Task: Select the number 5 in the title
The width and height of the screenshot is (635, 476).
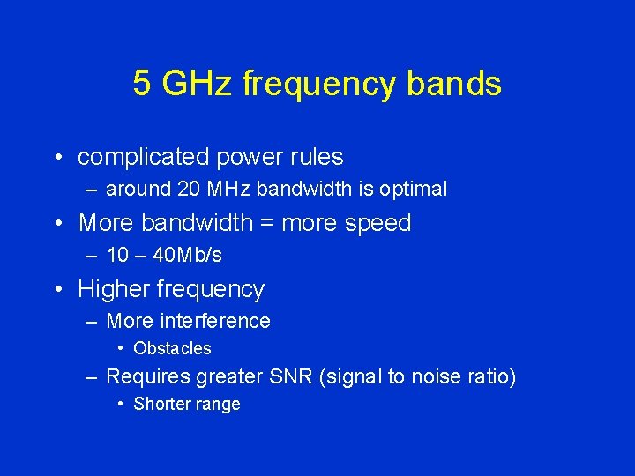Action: [142, 84]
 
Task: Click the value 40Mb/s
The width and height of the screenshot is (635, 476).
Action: [187, 256]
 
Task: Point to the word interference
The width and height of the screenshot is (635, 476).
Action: [216, 322]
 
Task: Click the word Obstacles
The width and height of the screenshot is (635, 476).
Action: [172, 348]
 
